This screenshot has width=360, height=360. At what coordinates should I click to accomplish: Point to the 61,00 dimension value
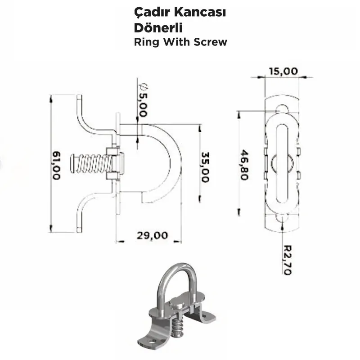[56, 166]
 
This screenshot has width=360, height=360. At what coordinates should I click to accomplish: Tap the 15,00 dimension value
[283, 71]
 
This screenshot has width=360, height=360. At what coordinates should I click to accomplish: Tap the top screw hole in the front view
[282, 108]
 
